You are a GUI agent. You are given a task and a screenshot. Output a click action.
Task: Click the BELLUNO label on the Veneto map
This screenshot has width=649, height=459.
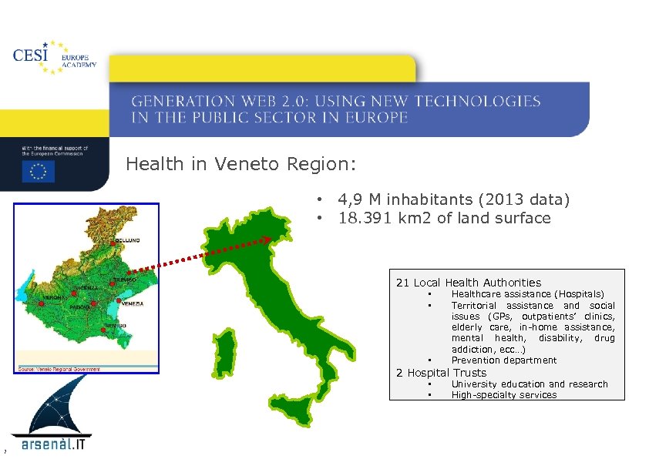[128, 241]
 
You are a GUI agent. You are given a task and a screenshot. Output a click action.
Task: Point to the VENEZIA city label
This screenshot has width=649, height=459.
[133, 303]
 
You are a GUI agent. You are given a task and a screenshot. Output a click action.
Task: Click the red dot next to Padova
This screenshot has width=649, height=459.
[93, 304]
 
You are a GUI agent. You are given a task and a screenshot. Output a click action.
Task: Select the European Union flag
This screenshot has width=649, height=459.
[38, 171]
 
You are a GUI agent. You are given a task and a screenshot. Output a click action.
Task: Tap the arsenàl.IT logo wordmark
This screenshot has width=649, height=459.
[54, 444]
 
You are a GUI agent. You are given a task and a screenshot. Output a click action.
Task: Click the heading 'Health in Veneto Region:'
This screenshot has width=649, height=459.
[241, 164]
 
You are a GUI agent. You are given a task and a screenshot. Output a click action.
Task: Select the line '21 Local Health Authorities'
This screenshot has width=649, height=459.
[469, 283]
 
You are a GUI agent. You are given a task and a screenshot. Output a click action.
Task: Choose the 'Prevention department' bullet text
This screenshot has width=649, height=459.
[503, 360]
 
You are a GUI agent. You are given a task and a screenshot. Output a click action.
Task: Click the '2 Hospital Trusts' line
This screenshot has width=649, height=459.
[441, 373]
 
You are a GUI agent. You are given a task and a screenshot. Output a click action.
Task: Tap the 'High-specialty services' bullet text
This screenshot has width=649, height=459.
[503, 395]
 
